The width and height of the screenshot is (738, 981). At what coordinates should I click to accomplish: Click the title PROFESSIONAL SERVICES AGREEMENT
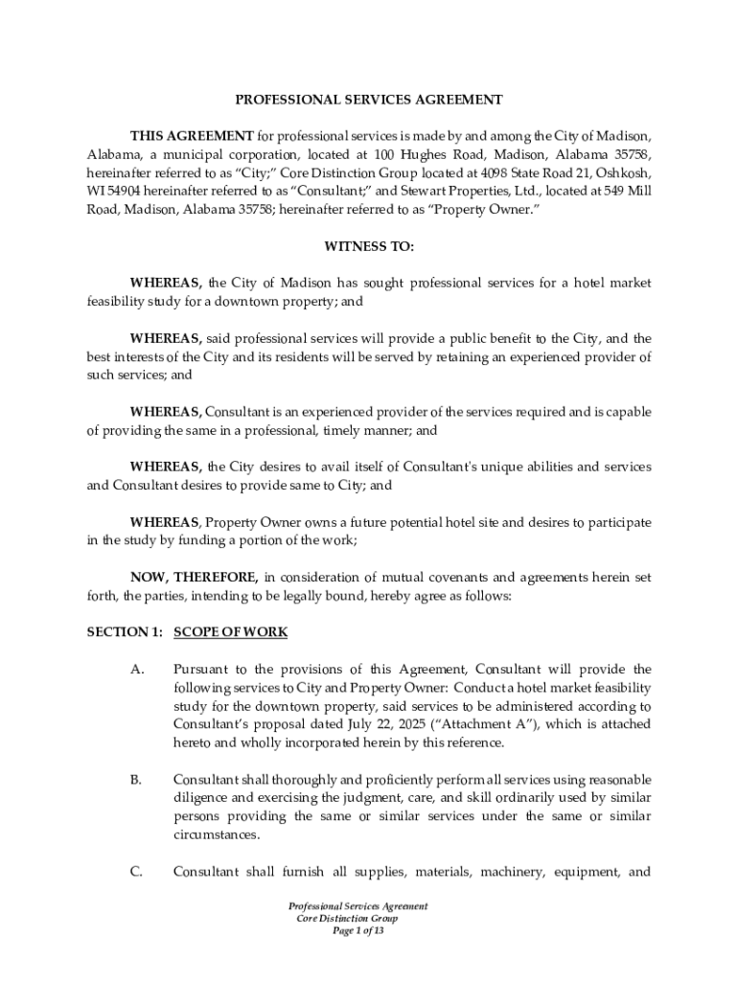(x=369, y=99)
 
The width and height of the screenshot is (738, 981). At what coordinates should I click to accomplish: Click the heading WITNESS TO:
(x=369, y=246)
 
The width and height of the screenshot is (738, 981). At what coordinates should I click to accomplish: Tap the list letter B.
(x=136, y=780)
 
